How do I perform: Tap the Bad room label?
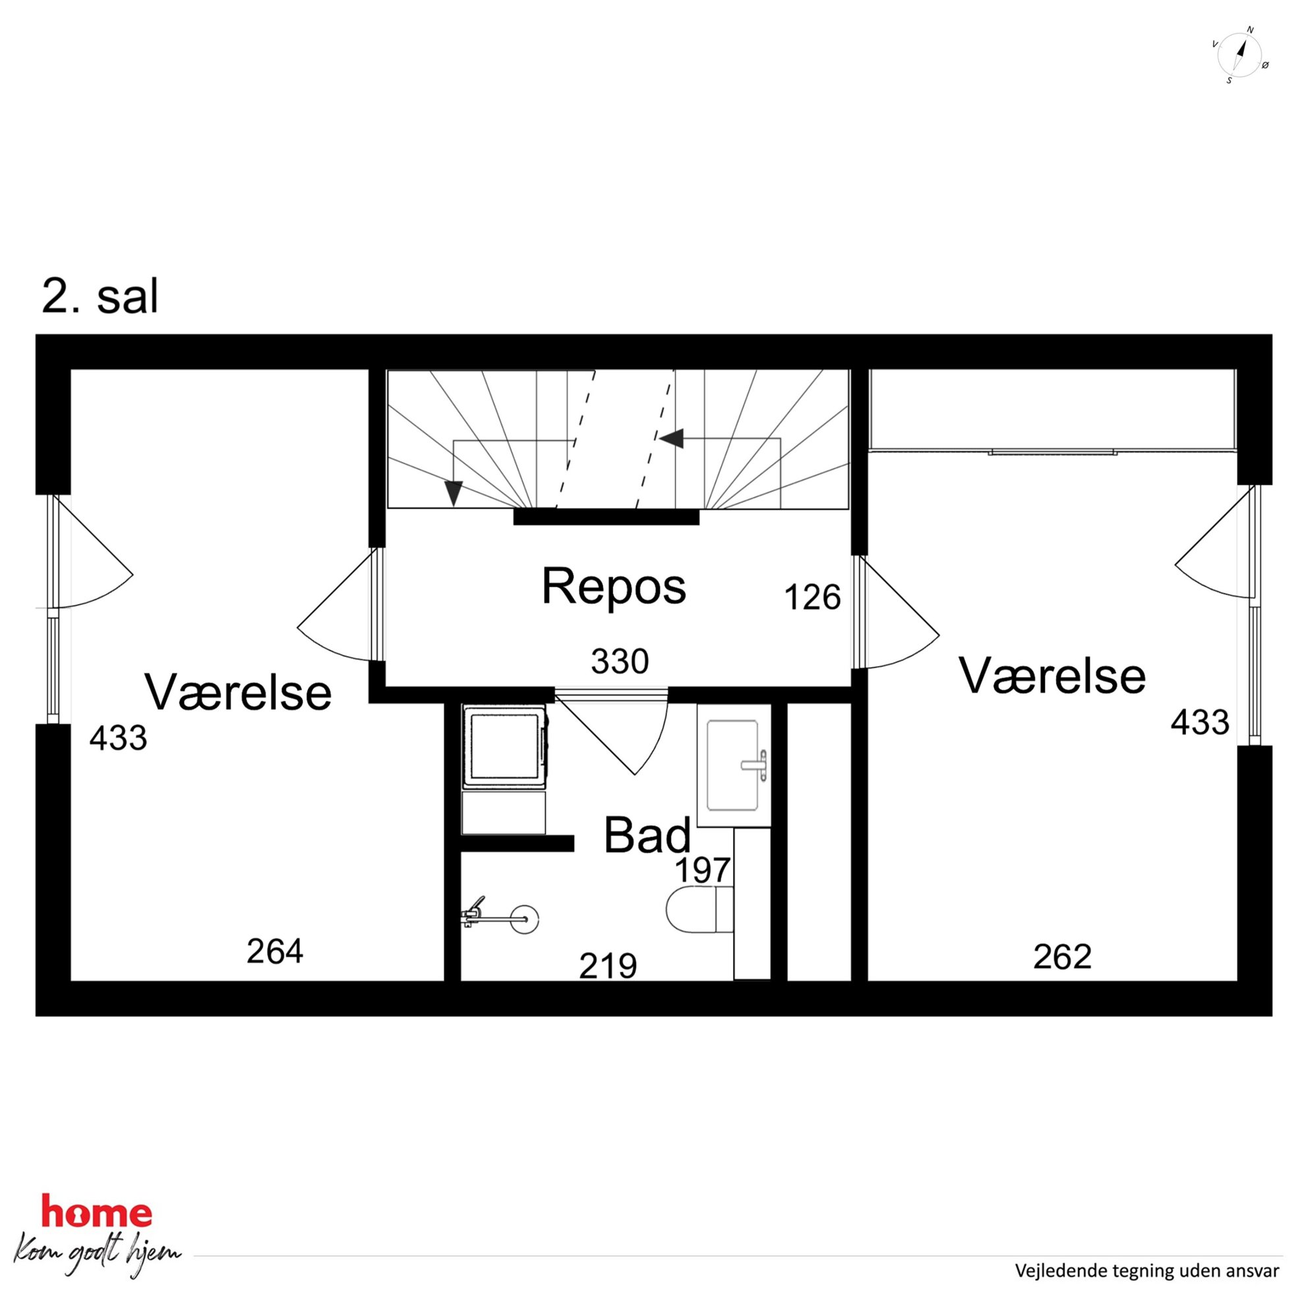(647, 835)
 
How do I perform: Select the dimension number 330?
(620, 661)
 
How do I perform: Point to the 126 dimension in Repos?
(812, 597)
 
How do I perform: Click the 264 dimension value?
(275, 951)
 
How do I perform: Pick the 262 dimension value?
(1062, 957)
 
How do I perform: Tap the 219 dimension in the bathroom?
(608, 966)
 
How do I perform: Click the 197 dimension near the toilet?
(703, 870)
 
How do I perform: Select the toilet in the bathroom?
(699, 910)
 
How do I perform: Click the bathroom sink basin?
(732, 765)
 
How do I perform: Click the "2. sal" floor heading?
(100, 296)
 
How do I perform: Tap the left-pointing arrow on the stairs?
(672, 438)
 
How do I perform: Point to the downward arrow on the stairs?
(453, 494)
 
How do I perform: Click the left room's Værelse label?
(238, 692)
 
